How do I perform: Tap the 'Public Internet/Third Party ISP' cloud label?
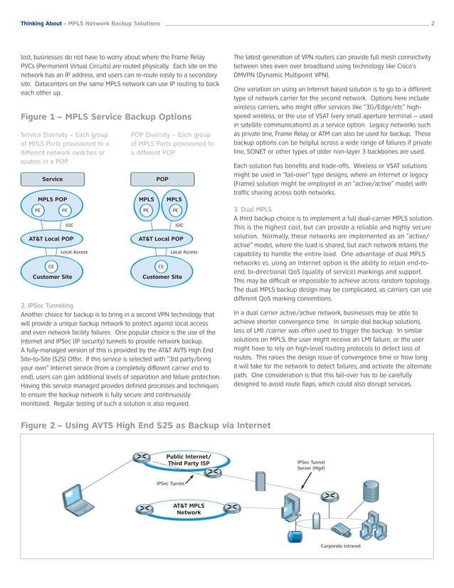pos(189,460)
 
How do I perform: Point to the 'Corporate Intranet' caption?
pos(341,547)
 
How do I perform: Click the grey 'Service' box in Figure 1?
pos(53,179)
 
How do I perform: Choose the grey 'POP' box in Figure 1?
pos(162,179)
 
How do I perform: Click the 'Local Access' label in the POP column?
pos(184,252)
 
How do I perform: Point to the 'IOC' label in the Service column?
pos(70,225)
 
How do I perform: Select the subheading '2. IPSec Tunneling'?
pos(48,305)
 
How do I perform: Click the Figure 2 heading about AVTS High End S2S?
pos(146,426)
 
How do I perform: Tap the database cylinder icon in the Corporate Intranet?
pos(291,536)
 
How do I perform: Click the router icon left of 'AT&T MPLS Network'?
pos(144,508)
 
